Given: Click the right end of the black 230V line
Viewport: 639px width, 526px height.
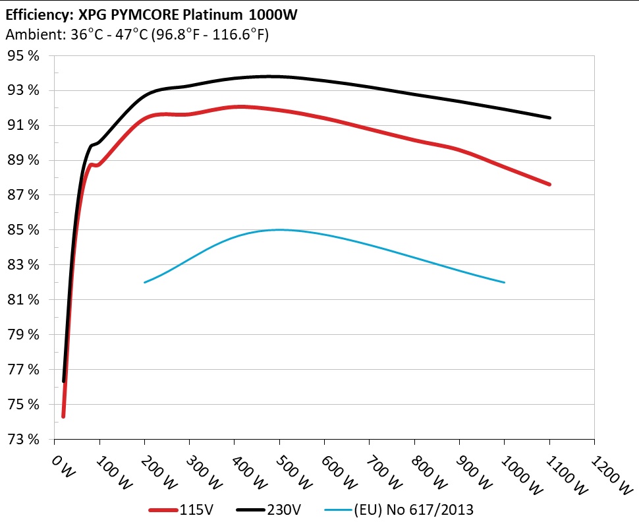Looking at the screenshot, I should (x=549, y=118).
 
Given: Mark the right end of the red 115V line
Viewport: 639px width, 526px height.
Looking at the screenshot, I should (x=549, y=185).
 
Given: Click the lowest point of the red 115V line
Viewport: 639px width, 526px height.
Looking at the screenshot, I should (x=63, y=417).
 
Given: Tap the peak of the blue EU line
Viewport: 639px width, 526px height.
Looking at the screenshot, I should (x=279, y=229).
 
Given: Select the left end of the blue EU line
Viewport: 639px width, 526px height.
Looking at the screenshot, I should (x=145, y=282).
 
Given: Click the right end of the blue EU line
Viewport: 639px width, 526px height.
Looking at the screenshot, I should (x=504, y=282).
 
